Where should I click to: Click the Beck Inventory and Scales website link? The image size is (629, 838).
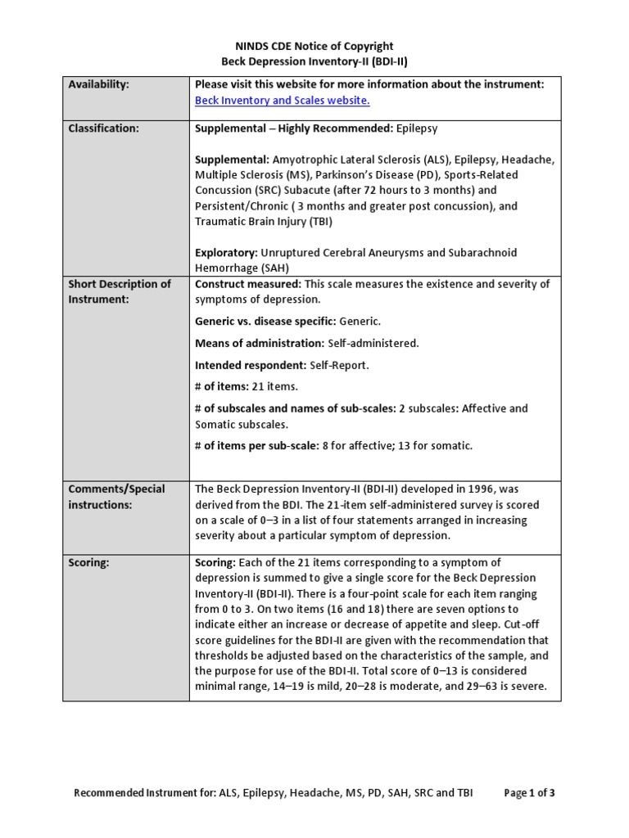(x=282, y=101)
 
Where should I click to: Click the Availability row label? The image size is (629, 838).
(x=99, y=84)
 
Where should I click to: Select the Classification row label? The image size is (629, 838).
(x=103, y=128)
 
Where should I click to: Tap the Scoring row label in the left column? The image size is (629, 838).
(x=88, y=563)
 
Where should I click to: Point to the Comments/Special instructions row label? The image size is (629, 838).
(x=116, y=497)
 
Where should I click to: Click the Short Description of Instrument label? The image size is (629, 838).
(x=120, y=291)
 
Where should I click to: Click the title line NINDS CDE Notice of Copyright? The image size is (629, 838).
(x=314, y=47)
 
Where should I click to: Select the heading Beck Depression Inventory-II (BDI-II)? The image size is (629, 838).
(x=314, y=61)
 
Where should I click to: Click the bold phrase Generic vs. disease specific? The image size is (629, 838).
(x=265, y=322)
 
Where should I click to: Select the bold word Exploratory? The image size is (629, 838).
(x=224, y=253)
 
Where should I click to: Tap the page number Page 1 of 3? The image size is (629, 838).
(x=530, y=793)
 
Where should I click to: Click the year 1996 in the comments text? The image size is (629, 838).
(x=451, y=489)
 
